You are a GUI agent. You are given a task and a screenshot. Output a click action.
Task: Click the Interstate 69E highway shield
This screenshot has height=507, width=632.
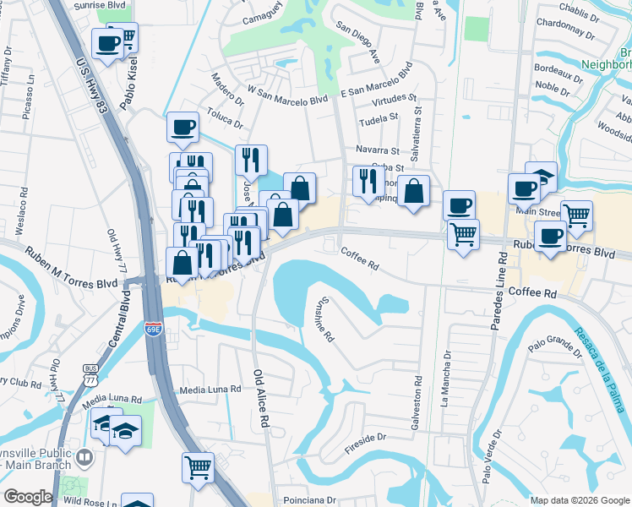153,328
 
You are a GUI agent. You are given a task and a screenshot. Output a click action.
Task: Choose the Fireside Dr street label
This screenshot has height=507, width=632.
364,438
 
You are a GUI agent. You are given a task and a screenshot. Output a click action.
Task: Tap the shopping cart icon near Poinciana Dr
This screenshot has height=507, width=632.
198,466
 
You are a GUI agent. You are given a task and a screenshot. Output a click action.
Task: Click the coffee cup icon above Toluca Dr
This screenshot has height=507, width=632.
183,128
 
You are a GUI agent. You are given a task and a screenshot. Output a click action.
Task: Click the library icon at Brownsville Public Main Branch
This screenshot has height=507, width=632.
84,458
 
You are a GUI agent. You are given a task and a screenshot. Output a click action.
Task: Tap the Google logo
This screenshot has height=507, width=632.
28,497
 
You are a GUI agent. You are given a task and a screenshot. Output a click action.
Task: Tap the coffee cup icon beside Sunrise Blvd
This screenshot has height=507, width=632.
108,43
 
